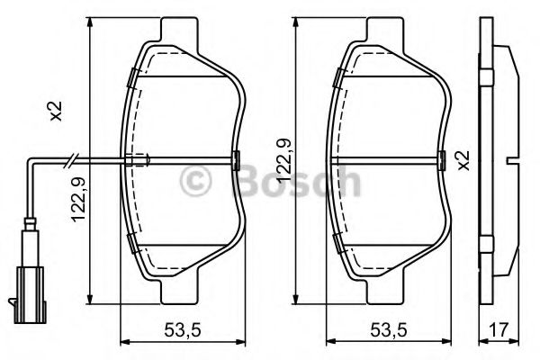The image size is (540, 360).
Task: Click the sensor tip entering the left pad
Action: pyautogui.click(x=137, y=161)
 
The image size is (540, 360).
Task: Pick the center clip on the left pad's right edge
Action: pyautogui.click(x=236, y=161)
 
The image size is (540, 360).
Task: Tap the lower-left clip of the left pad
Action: pyautogui.click(x=131, y=241)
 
